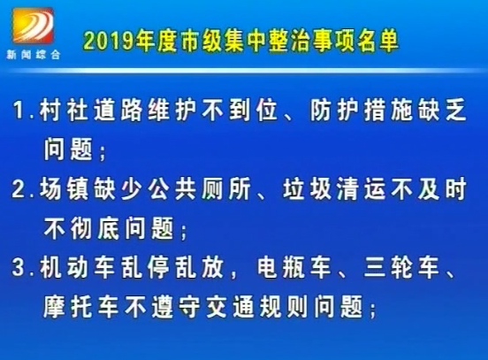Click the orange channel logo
[33, 26]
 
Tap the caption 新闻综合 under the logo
[34, 55]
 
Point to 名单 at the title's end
[378, 41]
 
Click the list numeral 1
[19, 110]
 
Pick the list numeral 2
[19, 188]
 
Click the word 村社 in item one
[63, 110]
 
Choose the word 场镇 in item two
[63, 188]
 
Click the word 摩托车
[80, 306]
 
